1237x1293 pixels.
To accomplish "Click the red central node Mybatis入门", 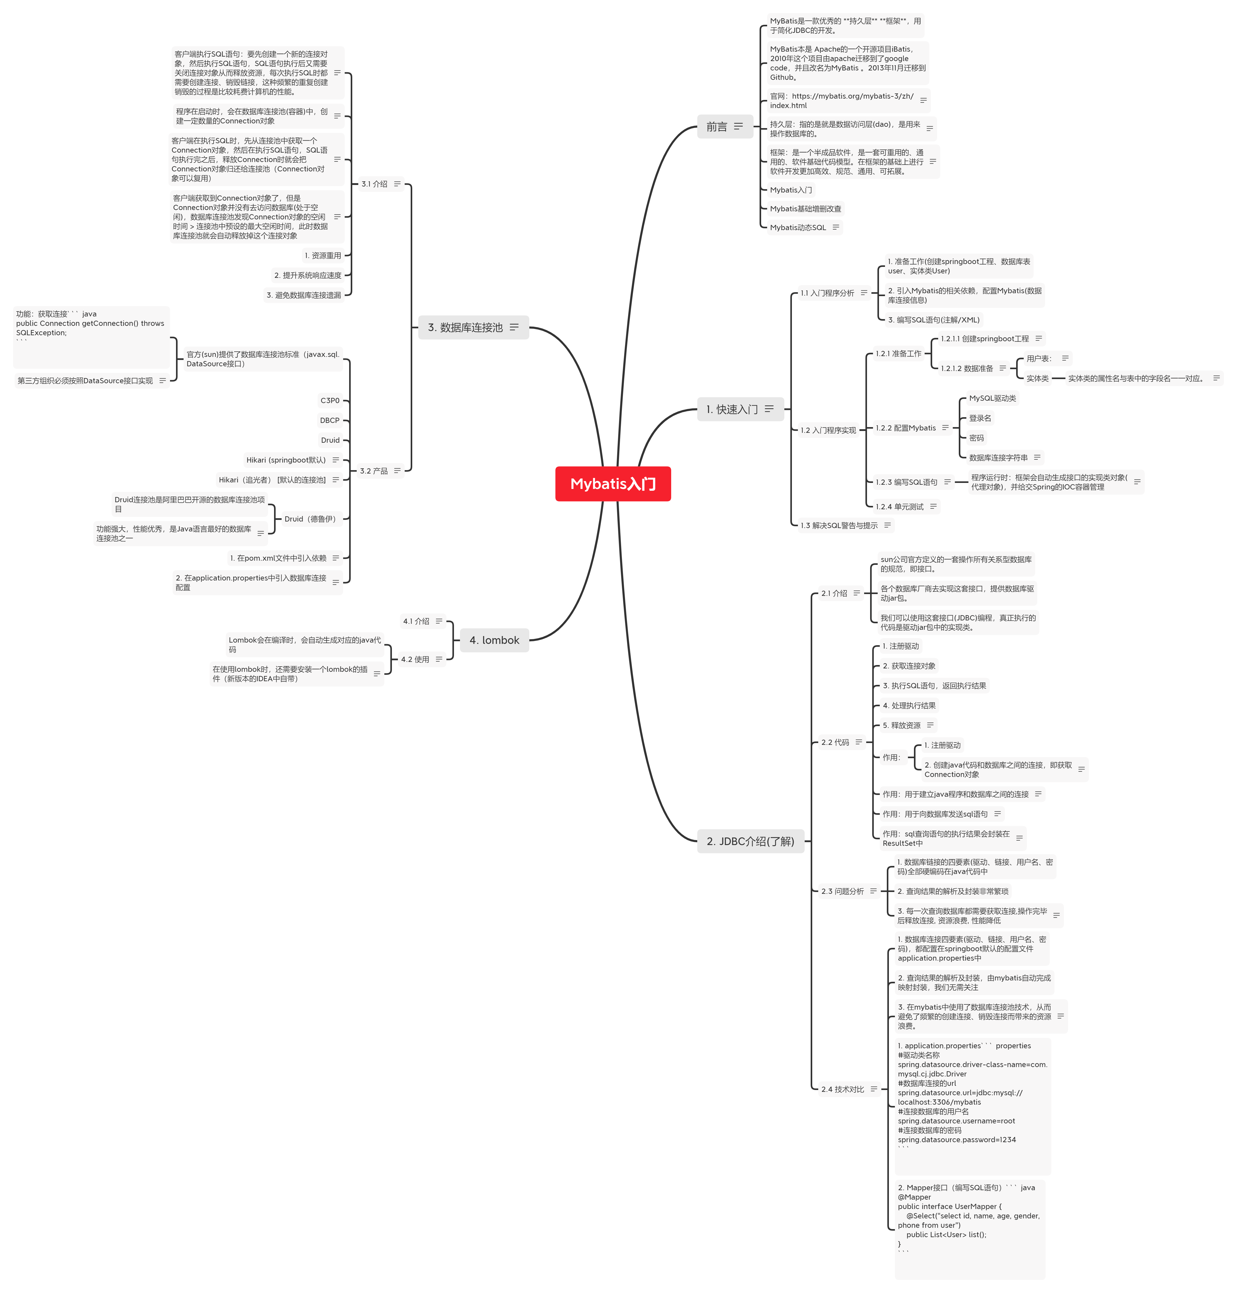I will coord(613,483).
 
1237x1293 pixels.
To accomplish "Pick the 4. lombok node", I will coord(494,640).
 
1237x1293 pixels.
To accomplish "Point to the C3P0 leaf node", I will coord(330,400).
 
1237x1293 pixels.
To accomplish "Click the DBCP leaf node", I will coord(330,420).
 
